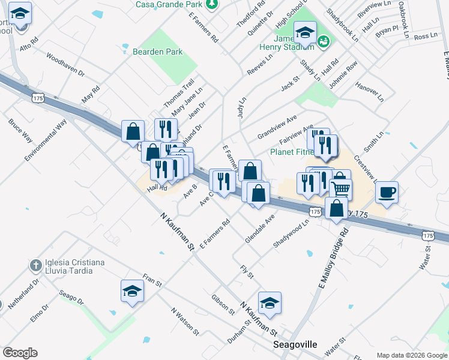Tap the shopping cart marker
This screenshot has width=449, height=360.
click(x=341, y=188)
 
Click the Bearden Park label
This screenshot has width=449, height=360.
click(x=158, y=52)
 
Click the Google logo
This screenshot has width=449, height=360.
click(x=20, y=353)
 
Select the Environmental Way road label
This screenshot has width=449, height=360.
click(x=46, y=140)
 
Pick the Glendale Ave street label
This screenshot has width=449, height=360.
click(x=259, y=229)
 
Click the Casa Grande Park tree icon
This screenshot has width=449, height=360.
click(x=211, y=4)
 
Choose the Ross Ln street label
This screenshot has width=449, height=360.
click(x=426, y=37)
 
